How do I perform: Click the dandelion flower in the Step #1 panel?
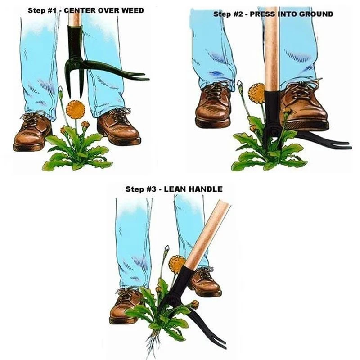click(x=76, y=110)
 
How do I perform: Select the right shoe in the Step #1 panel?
click(x=118, y=126)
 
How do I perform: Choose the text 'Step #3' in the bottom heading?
click(x=138, y=189)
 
